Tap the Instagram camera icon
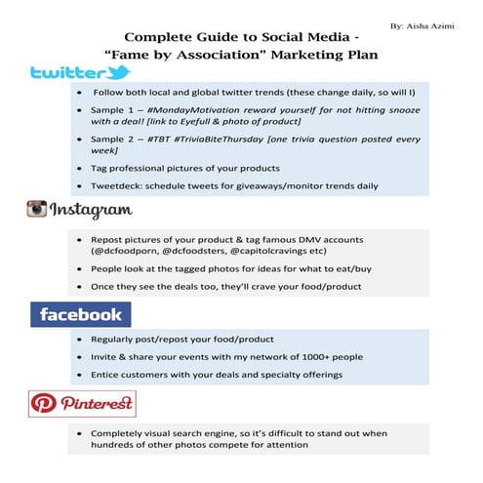[x=37, y=209]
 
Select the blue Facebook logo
[x=82, y=313]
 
